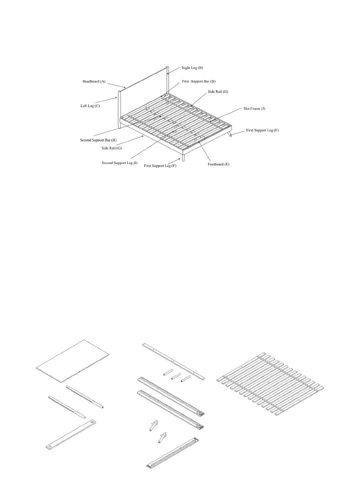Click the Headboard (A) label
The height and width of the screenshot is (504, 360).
(x=94, y=81)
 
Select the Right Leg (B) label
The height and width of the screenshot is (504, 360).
(x=192, y=67)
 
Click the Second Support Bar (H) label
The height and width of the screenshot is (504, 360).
(x=98, y=140)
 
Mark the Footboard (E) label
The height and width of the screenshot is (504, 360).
(x=218, y=164)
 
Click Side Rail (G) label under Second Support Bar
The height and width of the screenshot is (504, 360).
(x=112, y=148)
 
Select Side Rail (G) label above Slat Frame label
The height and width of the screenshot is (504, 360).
(x=218, y=91)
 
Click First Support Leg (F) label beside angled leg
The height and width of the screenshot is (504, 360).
(x=262, y=130)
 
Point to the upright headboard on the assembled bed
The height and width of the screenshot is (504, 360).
(x=145, y=90)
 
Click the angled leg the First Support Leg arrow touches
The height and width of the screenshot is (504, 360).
(x=230, y=135)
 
